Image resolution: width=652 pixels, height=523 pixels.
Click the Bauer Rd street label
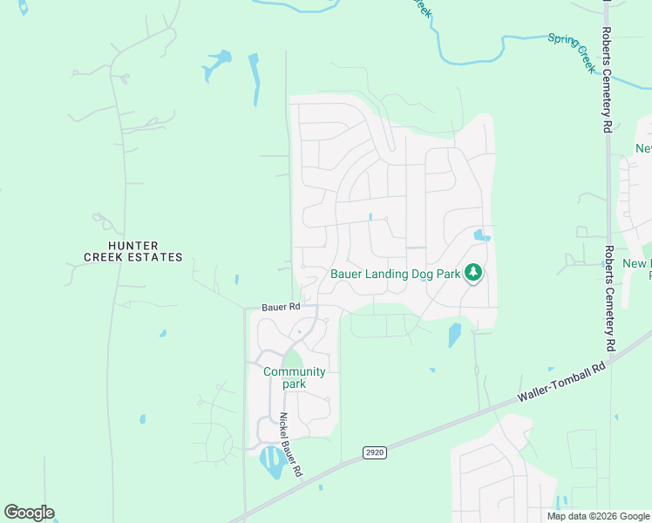pyautogui.click(x=281, y=308)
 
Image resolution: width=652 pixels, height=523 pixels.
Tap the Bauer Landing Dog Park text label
pyautogui.click(x=395, y=274)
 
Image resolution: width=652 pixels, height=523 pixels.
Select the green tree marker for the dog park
pyautogui.click(x=473, y=274)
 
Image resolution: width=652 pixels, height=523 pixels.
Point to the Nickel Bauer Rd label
pyautogui.click(x=289, y=444)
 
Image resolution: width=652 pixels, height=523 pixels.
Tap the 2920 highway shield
pyautogui.click(x=374, y=452)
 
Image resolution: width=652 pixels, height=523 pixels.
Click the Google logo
pyautogui.click(x=29, y=513)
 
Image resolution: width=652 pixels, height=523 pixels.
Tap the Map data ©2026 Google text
pyautogui.click(x=598, y=516)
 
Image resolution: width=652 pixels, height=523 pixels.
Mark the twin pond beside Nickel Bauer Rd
pyautogui.click(x=272, y=462)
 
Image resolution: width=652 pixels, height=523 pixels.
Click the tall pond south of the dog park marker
pyautogui.click(x=454, y=335)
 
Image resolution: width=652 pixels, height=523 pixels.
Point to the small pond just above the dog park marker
pyautogui.click(x=480, y=235)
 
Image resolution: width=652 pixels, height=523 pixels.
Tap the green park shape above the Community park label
pyautogui.click(x=294, y=358)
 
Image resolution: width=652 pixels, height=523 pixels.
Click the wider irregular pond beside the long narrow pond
pyautogui.click(x=215, y=66)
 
